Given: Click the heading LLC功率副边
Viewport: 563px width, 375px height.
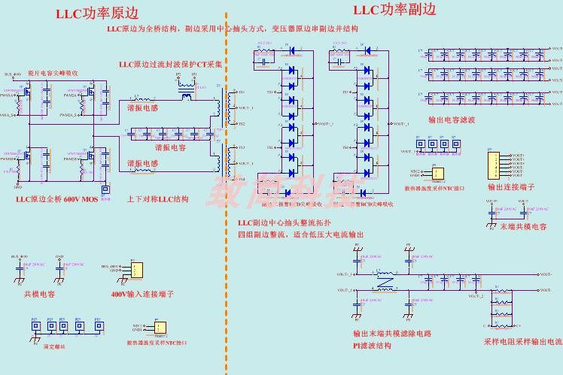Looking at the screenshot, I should [x=394, y=10].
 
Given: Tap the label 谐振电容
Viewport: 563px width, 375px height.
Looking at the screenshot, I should [x=171, y=147].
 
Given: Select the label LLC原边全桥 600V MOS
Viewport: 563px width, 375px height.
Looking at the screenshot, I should [x=57, y=200].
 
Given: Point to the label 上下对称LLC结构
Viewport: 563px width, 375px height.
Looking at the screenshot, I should [x=157, y=199].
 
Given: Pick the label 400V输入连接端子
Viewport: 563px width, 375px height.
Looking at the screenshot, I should [x=142, y=295].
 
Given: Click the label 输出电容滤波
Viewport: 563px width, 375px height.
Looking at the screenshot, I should [x=451, y=119].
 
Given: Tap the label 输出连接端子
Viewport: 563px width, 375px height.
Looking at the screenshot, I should [x=510, y=187].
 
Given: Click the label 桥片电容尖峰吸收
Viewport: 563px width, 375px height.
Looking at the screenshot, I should [x=53, y=73].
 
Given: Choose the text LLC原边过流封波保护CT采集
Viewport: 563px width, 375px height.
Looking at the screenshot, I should [x=170, y=65].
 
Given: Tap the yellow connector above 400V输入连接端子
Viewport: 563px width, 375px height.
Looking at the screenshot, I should [x=134, y=270].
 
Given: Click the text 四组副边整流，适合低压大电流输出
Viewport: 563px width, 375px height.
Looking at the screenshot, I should [x=300, y=235].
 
